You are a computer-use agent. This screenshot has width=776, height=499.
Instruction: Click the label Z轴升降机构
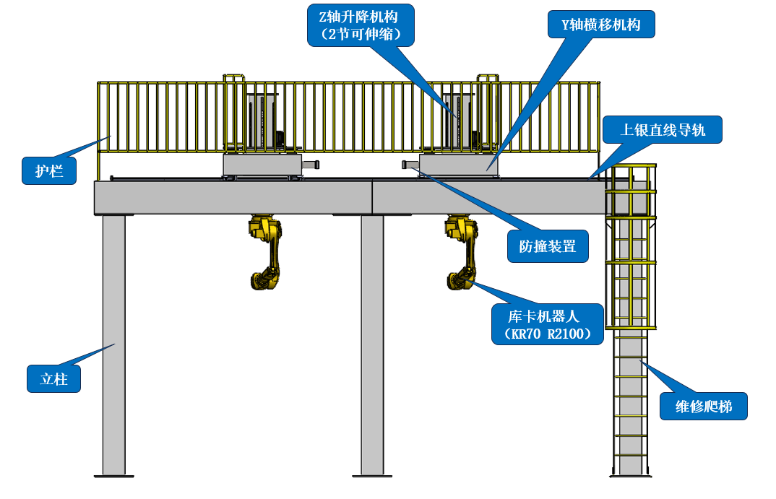(361, 26)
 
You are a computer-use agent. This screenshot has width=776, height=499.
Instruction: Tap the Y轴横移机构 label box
(601, 25)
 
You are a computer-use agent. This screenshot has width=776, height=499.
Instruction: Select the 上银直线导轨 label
(662, 129)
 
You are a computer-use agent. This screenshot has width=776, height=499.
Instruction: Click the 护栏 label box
(49, 170)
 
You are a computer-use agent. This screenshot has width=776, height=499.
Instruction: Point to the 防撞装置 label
(548, 246)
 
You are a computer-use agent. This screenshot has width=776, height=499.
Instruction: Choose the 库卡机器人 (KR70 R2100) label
(548, 324)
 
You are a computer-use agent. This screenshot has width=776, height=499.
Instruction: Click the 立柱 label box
(54, 379)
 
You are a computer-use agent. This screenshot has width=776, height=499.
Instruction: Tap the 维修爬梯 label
(703, 406)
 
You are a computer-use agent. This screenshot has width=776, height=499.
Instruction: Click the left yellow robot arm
(265, 252)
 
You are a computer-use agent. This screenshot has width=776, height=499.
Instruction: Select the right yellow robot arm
(462, 252)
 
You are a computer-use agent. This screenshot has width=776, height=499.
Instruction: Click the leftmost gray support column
(114, 344)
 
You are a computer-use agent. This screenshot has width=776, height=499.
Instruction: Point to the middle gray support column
(372, 344)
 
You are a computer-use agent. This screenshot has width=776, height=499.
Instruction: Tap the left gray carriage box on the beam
(262, 165)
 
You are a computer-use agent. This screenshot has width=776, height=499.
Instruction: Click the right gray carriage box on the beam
(459, 165)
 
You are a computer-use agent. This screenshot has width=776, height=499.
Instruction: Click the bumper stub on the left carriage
(311, 165)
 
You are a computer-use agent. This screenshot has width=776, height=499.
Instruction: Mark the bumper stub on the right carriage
(411, 165)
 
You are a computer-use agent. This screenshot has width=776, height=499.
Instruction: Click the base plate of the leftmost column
(114, 476)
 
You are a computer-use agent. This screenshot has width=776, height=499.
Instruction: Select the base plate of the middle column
(372, 476)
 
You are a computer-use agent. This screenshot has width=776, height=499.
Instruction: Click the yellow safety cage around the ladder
(631, 246)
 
